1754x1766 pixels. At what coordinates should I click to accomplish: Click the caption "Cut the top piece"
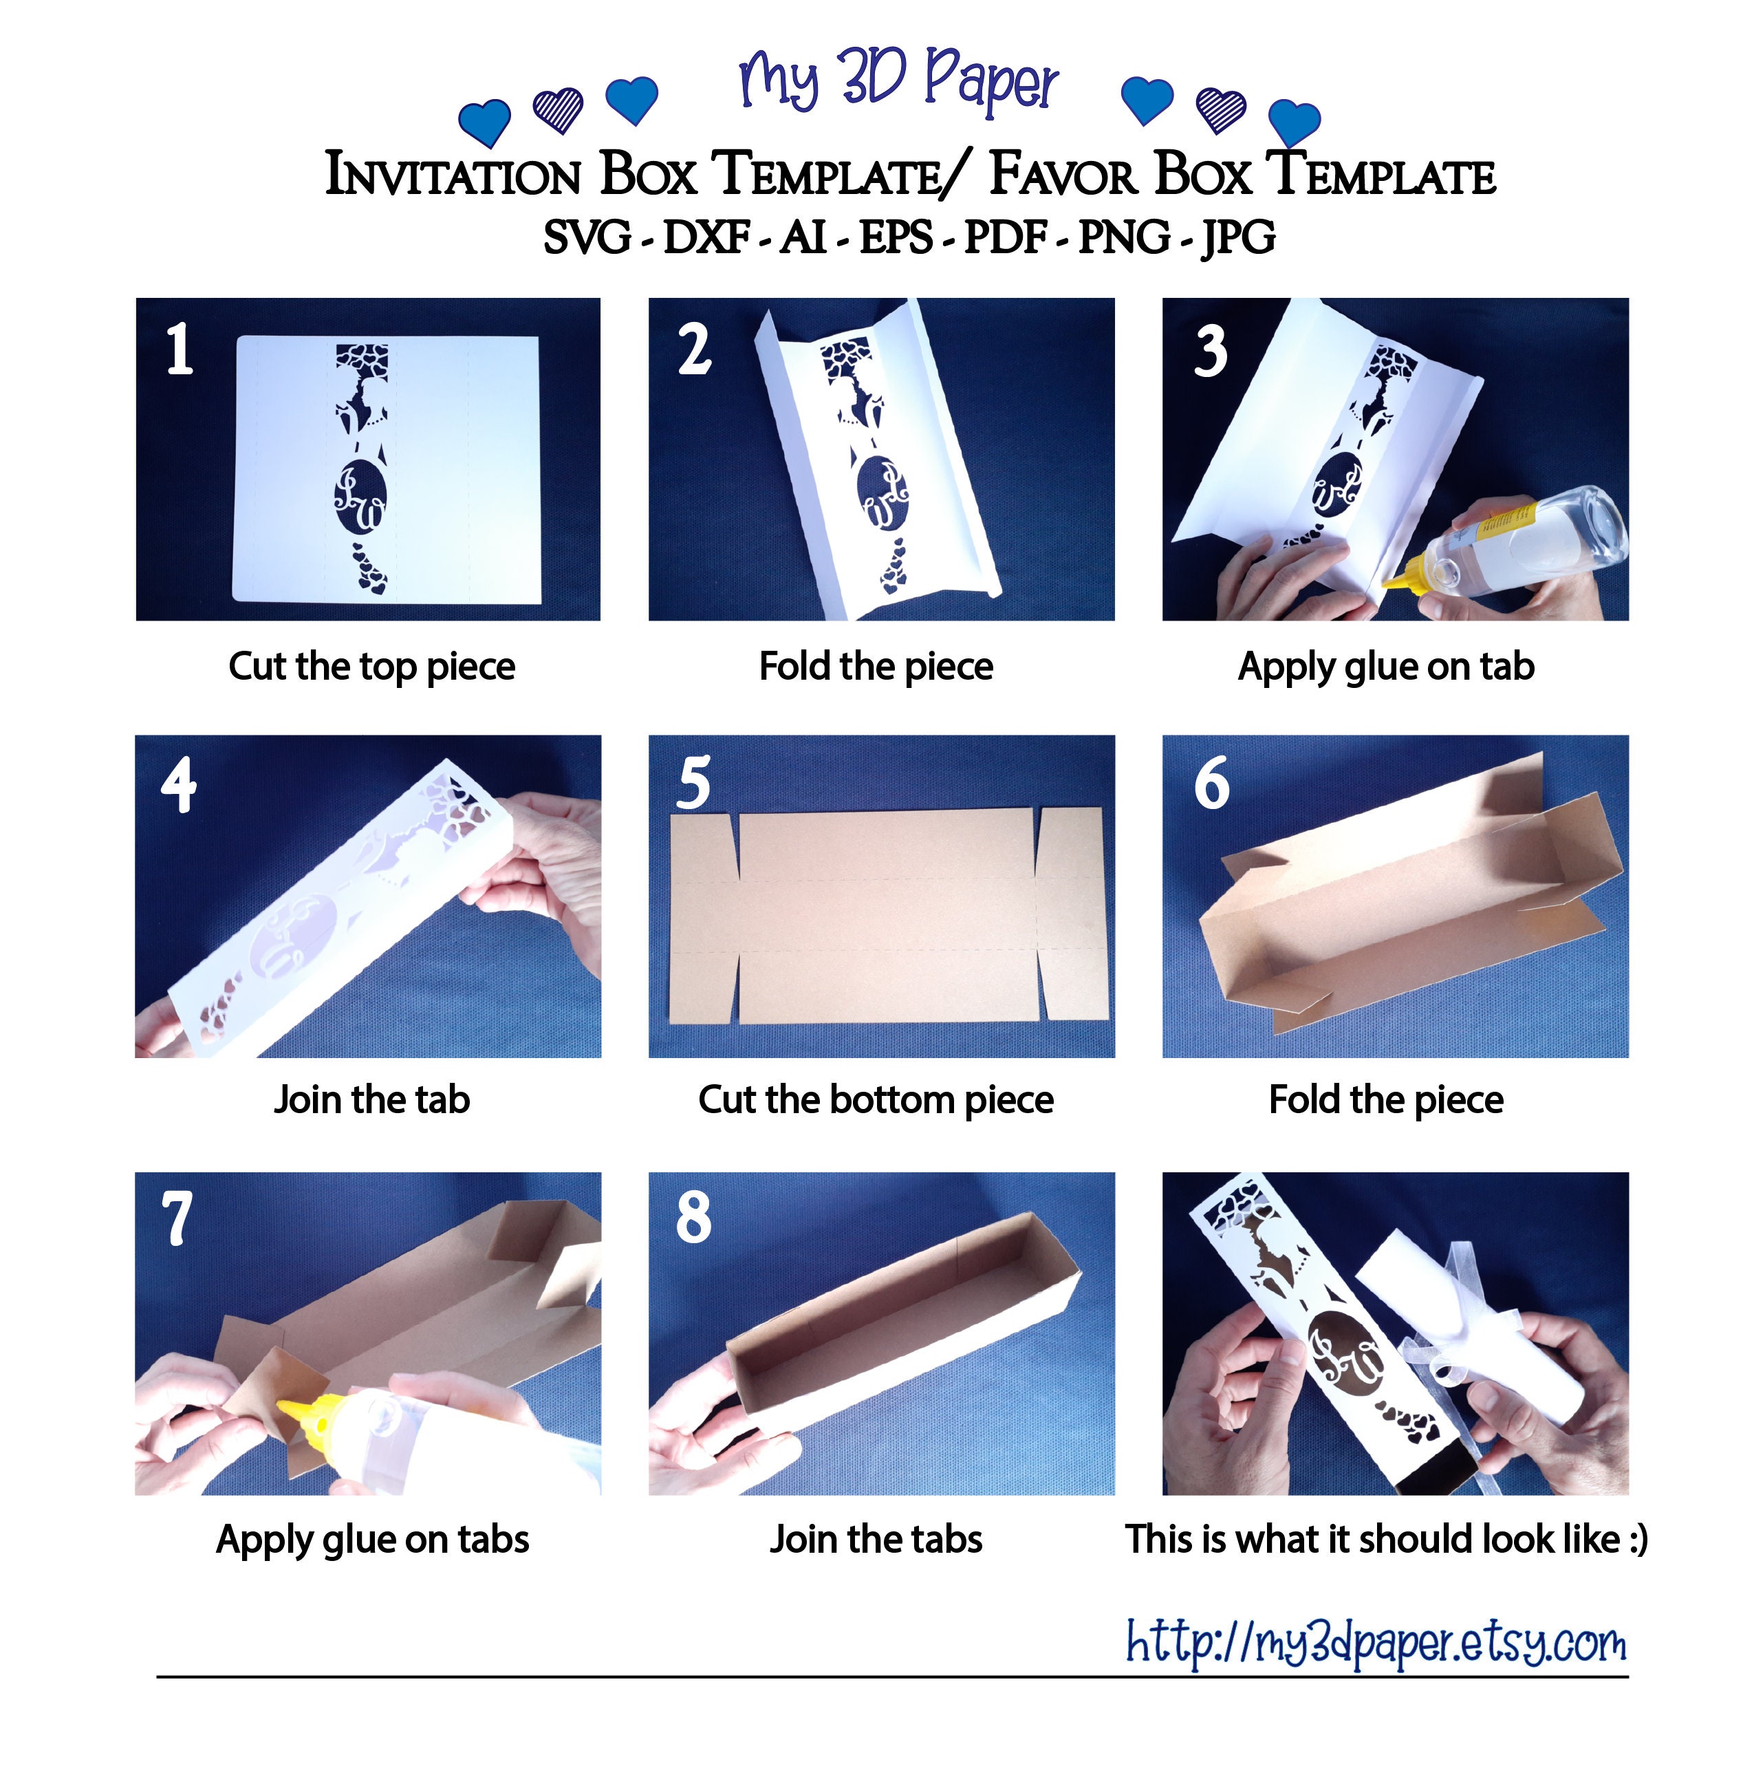tap(371, 667)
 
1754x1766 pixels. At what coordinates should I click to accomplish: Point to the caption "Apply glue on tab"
tap(1385, 667)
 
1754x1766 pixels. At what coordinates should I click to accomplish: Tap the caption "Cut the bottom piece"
tap(876, 1099)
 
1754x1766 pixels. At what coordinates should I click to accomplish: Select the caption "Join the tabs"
tap(876, 1539)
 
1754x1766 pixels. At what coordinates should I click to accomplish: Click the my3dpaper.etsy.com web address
tap(1376, 1641)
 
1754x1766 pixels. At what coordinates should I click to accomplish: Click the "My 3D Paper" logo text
tap(898, 80)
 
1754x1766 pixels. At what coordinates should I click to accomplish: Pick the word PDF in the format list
tap(1004, 237)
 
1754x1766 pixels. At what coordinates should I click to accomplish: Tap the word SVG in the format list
tap(587, 237)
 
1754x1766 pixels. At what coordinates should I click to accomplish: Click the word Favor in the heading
tap(1063, 173)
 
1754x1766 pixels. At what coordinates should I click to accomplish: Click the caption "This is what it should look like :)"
tap(1385, 1539)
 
